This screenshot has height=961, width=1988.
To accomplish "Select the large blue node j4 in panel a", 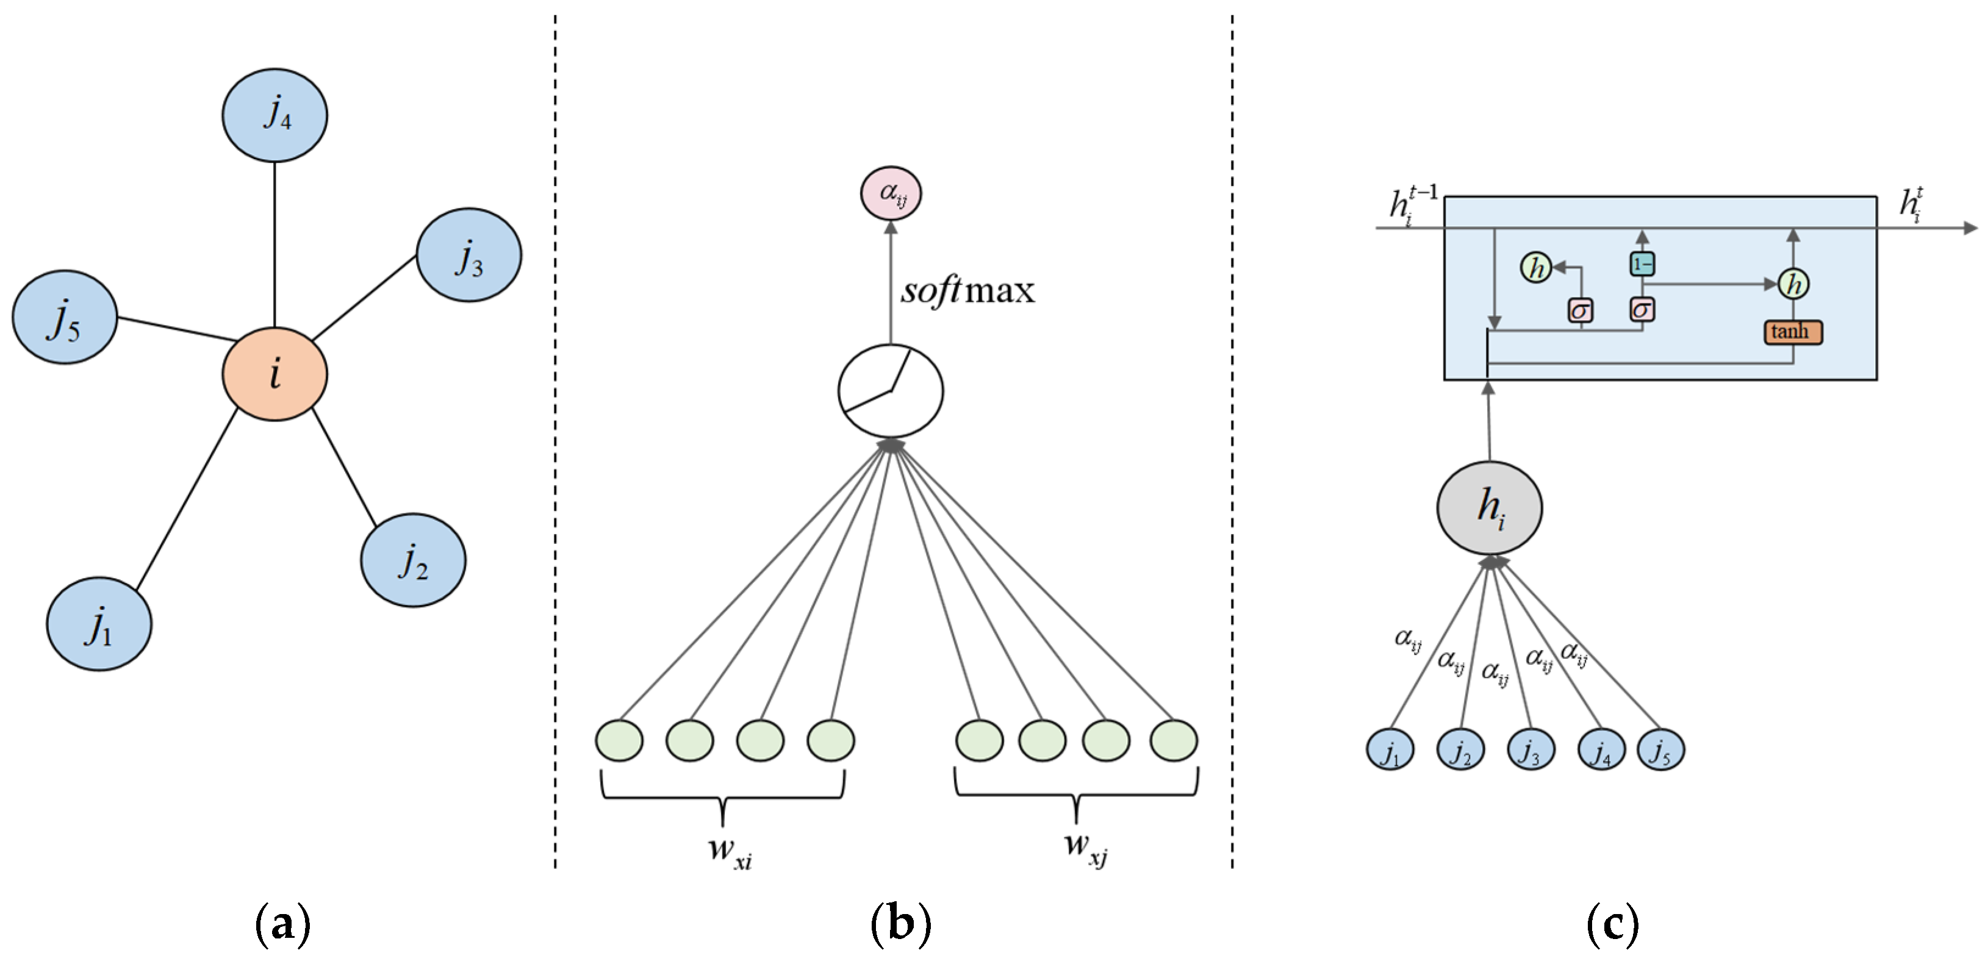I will click(275, 115).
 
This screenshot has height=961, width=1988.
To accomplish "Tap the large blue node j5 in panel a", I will click(65, 317).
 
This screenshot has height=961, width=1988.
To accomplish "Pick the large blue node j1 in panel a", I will click(99, 623).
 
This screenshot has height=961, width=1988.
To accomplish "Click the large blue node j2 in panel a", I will click(413, 560).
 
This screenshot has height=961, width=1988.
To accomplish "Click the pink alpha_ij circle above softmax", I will click(891, 193).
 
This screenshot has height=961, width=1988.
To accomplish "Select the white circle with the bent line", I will click(891, 391).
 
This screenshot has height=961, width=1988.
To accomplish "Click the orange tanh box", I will click(1793, 332).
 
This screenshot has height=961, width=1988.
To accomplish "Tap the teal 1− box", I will click(1642, 265).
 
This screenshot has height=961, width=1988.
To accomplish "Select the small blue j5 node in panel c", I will click(1660, 749).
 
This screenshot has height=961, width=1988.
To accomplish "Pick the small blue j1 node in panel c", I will click(1390, 749).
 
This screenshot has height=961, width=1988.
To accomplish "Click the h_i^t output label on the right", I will click(1911, 204).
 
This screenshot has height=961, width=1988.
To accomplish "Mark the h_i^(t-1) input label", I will click(1412, 204).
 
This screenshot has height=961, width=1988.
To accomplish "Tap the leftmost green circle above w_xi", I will click(619, 740).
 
